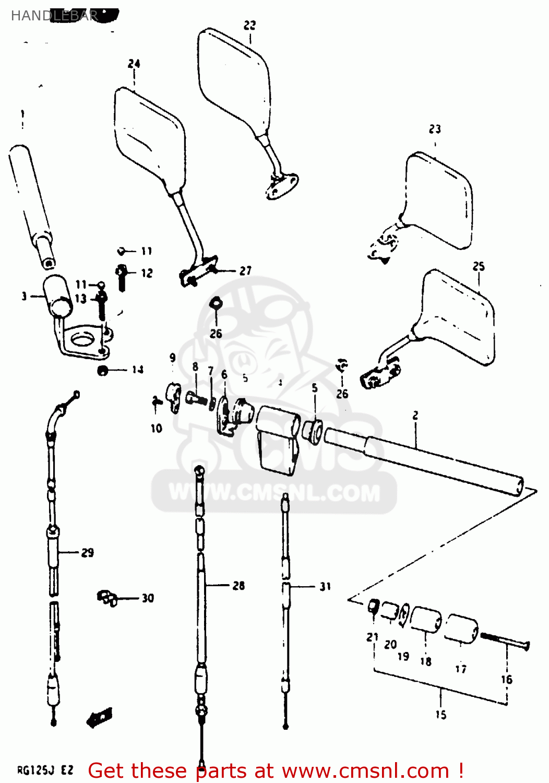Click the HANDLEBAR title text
tap(54, 16)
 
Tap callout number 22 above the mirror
tap(250, 25)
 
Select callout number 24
tap(134, 64)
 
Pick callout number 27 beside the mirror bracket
tap(246, 270)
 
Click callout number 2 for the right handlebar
tap(415, 416)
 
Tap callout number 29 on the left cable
tap(88, 552)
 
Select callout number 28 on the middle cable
tap(238, 586)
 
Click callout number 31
tap(325, 587)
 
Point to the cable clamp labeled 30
tap(107, 597)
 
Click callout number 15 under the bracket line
tap(441, 715)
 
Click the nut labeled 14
tap(103, 371)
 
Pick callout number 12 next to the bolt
tap(147, 273)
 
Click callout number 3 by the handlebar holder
tap(24, 296)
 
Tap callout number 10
tap(157, 428)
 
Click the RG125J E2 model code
tap(45, 770)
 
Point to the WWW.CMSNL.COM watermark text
tap(274, 493)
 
